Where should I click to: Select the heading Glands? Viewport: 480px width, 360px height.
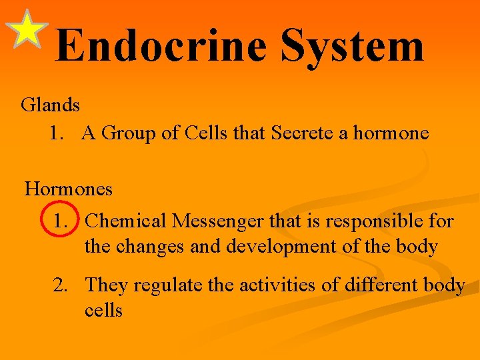point(51,105)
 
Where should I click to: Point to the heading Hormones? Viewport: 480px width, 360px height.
point(69,189)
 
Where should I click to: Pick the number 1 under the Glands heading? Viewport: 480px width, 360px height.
point(56,133)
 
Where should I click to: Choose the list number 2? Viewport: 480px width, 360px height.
point(61,285)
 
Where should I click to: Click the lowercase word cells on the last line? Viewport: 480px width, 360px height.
point(103,310)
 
